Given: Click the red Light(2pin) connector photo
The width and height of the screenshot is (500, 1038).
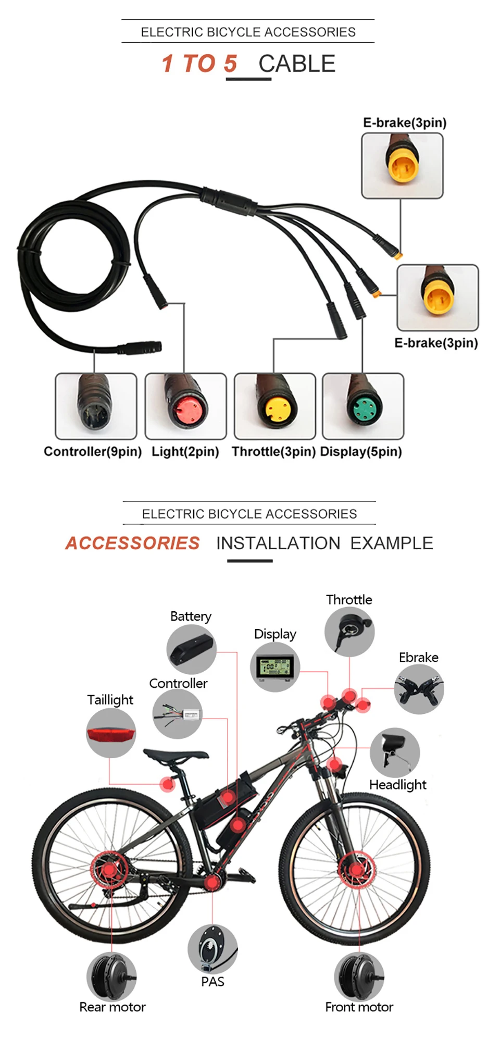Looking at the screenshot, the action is [x=185, y=406].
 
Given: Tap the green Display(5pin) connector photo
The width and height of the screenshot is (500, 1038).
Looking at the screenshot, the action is [x=363, y=406].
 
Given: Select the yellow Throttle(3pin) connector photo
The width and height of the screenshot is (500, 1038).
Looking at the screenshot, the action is [x=275, y=406].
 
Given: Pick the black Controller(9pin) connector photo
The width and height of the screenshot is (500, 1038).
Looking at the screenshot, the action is [x=96, y=406].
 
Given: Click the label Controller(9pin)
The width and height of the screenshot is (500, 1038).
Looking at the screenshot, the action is [x=93, y=451].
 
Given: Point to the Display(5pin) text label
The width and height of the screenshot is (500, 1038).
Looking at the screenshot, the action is [x=361, y=451].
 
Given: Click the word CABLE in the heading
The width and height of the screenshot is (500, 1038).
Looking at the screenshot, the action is [x=297, y=64].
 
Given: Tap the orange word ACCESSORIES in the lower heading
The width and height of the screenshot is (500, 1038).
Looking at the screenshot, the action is [x=132, y=543].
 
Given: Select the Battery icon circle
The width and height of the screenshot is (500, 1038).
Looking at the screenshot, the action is [x=191, y=650].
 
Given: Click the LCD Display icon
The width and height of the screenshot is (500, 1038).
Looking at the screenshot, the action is [x=275, y=667].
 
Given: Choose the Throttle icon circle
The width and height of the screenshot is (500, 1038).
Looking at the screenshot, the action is [x=349, y=632].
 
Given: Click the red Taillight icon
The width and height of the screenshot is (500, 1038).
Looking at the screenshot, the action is [x=111, y=733].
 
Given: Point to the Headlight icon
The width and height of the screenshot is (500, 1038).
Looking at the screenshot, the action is [x=395, y=752].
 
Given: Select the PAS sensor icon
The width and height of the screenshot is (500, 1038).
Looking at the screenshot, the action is [x=213, y=949].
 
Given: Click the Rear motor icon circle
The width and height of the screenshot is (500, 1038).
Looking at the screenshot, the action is [x=111, y=977].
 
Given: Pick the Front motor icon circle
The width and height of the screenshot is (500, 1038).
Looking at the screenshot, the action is [x=359, y=977].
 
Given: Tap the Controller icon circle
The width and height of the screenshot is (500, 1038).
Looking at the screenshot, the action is [x=178, y=714].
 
